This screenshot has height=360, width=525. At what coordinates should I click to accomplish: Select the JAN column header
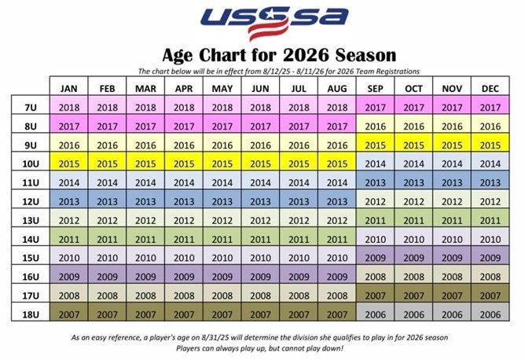click(x=68, y=88)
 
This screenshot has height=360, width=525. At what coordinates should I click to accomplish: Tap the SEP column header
click(x=375, y=88)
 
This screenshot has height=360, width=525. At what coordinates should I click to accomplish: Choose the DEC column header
click(x=490, y=88)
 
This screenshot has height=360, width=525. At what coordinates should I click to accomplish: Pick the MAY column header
click(x=222, y=88)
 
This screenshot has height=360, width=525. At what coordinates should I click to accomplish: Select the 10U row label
click(x=31, y=163)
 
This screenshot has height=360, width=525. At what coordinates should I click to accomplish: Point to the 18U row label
click(x=31, y=314)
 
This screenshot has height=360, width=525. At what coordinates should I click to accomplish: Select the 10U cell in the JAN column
click(x=68, y=163)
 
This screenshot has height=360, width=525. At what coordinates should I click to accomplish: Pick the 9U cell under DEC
click(x=490, y=145)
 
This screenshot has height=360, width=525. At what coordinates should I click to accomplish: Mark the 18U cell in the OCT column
click(x=413, y=314)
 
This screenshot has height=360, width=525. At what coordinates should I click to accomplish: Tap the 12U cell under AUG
click(x=336, y=200)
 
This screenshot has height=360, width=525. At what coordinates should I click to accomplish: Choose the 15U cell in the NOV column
click(x=452, y=257)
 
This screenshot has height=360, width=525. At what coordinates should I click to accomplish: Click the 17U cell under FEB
click(x=107, y=295)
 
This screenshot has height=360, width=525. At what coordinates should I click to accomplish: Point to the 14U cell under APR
click(x=183, y=238)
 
